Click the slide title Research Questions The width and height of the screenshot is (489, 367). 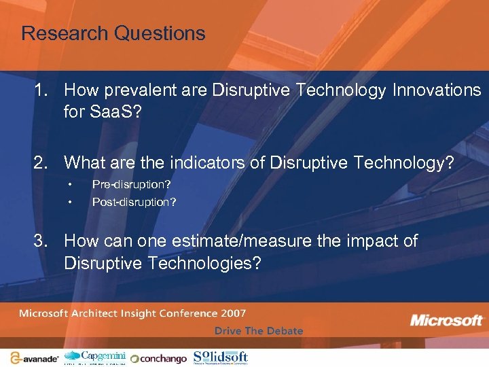[x=113, y=33]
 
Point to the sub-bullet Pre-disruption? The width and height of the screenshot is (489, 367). [x=131, y=184]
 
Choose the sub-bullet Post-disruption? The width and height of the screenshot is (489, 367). [x=134, y=202]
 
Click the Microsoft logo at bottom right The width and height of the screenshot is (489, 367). [x=447, y=319]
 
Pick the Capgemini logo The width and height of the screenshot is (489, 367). [x=95, y=357]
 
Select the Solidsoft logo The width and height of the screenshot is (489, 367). [x=221, y=357]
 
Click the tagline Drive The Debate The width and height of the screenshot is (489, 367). [x=259, y=331]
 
